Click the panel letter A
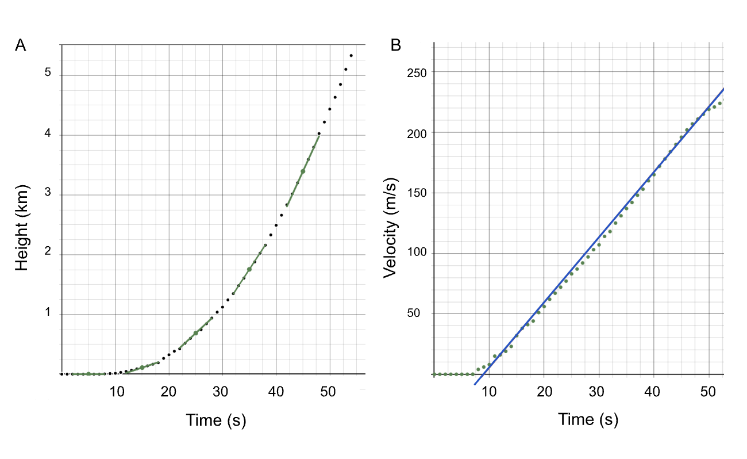click(21, 46)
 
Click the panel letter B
click(396, 46)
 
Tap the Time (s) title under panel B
click(588, 419)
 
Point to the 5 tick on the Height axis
click(48, 73)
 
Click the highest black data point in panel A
click(351, 56)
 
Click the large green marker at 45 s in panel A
click(303, 171)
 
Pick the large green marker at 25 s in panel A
click(196, 333)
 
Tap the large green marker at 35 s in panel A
click(249, 269)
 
